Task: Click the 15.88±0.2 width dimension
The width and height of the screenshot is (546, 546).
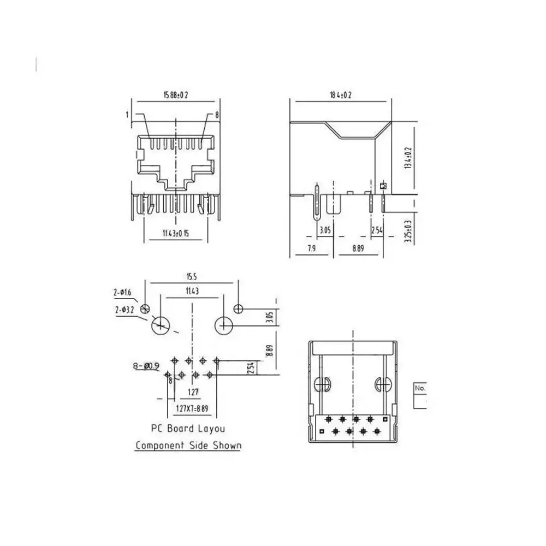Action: pyautogui.click(x=175, y=94)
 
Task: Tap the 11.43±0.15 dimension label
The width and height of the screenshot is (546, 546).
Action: pyautogui.click(x=175, y=234)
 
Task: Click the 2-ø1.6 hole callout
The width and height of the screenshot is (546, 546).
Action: pyautogui.click(x=122, y=293)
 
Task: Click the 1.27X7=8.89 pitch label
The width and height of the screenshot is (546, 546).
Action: pyautogui.click(x=192, y=408)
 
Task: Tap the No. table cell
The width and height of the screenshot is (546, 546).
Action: pyautogui.click(x=420, y=388)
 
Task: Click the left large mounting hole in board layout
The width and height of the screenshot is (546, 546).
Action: pyautogui.click(x=161, y=326)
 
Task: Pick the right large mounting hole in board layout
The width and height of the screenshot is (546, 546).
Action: pyautogui.click(x=223, y=326)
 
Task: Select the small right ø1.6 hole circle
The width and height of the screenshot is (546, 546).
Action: pyautogui.click(x=238, y=308)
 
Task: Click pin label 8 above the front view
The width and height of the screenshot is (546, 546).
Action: pyautogui.click(x=217, y=115)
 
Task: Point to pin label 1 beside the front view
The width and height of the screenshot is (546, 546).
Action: pyautogui.click(x=126, y=115)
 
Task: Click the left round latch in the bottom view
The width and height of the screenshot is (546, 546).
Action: pyautogui.click(x=324, y=383)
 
